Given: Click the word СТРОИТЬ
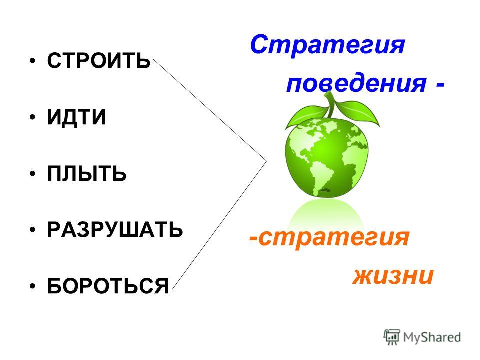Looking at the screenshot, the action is coord(99,60).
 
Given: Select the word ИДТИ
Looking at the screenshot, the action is coord(76,117).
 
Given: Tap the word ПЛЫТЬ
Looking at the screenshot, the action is coord(87,174).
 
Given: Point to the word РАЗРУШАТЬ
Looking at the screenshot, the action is coord(115,230).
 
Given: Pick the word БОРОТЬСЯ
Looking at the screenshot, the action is coord(108,286).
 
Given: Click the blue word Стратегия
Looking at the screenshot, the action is coord(327,45).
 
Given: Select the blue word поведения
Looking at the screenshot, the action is coord(356,83).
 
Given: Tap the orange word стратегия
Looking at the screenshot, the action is coord(333,237).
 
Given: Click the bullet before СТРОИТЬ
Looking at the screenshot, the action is coord(33,60).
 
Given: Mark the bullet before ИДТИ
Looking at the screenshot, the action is coord(33,117).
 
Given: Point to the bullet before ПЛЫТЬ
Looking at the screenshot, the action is coord(33,174).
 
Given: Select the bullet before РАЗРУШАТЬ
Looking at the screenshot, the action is coord(33,230).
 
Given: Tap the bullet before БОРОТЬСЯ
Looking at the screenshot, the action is coord(33,286).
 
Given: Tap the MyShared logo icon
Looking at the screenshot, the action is coord(392,337).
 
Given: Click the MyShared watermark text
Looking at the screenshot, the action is coord(432,337).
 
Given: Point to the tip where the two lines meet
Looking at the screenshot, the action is coord(267,161).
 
